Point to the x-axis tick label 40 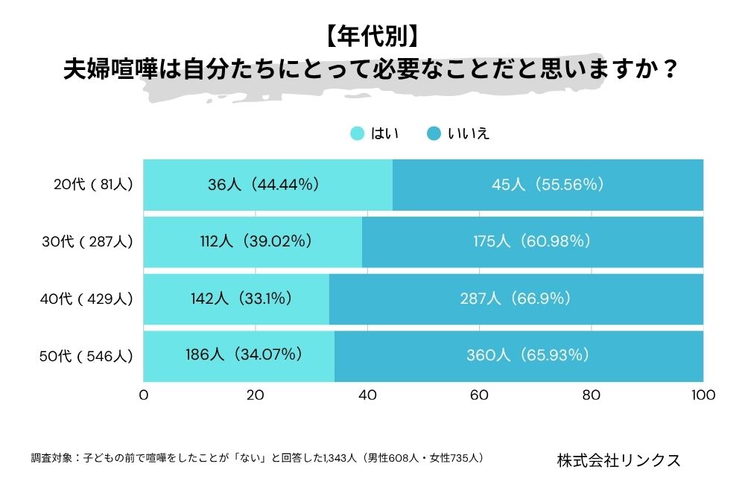click(x=367, y=395)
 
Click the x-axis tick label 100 click(x=703, y=395)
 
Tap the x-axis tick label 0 click(x=144, y=395)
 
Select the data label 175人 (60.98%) click(x=532, y=241)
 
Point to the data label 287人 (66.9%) click(x=516, y=299)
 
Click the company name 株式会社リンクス click(x=618, y=459)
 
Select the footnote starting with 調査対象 click(x=257, y=457)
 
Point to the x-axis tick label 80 click(x=591, y=395)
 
